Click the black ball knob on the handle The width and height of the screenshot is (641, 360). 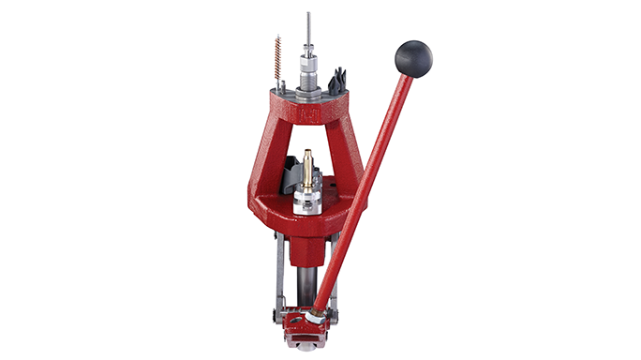tap(413, 59)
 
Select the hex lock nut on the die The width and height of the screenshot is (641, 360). tap(307, 82)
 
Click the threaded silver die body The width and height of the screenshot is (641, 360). tap(307, 66)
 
